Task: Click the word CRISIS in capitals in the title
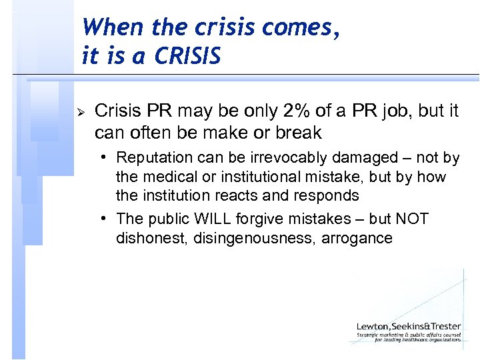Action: [x=187, y=56]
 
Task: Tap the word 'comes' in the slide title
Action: [x=294, y=27]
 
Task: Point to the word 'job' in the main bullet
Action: [x=402, y=111]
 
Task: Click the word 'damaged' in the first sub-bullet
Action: [x=350, y=158]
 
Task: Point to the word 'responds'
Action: [x=327, y=195]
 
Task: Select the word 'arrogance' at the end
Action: [x=357, y=238]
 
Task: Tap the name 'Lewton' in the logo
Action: [x=374, y=326]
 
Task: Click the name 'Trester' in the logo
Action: [x=443, y=326]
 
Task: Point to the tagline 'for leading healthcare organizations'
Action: [x=417, y=340]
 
